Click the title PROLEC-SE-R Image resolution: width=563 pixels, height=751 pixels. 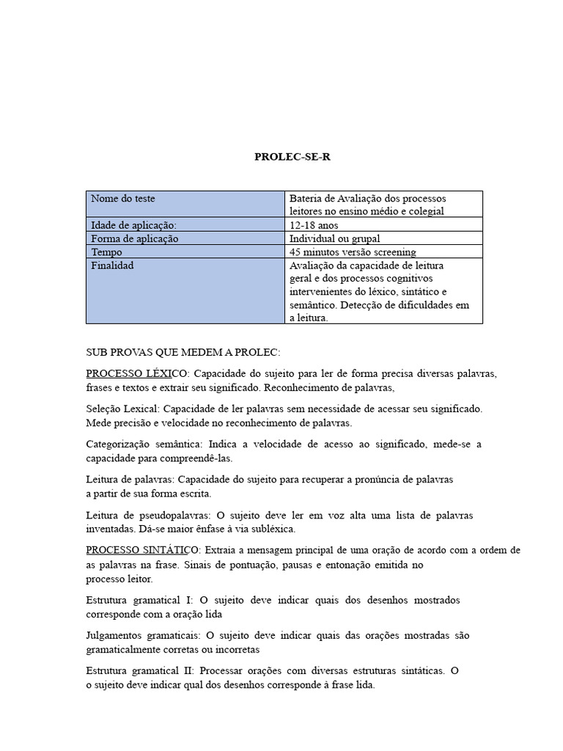[287, 156]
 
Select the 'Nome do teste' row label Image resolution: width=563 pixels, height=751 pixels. [122, 199]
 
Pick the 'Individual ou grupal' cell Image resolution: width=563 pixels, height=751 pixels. [335, 238]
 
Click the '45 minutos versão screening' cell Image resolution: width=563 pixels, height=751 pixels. [353, 252]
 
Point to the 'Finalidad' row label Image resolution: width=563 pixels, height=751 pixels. [112, 265]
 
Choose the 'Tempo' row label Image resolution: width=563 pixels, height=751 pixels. [106, 252]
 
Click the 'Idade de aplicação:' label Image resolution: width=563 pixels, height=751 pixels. [133, 225]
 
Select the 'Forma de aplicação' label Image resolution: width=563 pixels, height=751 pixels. [134, 238]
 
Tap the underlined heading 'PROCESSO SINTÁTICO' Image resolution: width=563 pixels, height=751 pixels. [142, 550]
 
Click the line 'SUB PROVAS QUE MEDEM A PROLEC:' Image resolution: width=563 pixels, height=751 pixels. [183, 352]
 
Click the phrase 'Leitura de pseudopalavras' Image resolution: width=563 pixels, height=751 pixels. [148, 515]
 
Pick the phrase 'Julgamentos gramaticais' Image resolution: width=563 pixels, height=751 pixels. [142, 635]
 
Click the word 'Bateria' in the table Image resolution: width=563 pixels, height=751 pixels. [306, 199]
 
